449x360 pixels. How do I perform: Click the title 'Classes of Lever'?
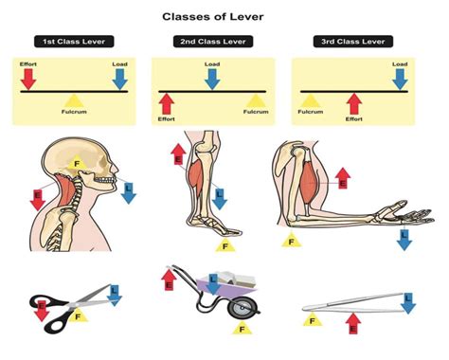(213, 16)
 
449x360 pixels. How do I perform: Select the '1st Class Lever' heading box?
(74, 42)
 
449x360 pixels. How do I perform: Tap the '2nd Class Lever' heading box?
(213, 42)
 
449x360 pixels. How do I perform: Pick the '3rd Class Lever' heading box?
(353, 42)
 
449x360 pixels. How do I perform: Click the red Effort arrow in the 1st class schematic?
(28, 79)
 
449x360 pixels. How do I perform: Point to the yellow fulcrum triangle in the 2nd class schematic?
(257, 100)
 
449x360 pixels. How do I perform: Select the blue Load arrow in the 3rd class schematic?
(400, 79)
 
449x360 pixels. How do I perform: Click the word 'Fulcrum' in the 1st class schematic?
(74, 112)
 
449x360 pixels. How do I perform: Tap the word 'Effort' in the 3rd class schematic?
(354, 119)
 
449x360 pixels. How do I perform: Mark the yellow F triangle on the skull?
(77, 163)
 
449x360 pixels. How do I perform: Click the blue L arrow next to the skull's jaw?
(128, 193)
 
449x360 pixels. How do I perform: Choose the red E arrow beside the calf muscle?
(178, 154)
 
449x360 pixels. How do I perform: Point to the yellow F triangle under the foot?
(225, 245)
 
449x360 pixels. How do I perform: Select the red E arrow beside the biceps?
(343, 178)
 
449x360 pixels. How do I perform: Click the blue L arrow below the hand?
(404, 240)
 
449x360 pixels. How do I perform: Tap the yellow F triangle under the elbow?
(292, 241)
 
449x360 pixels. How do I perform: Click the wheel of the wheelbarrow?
(243, 307)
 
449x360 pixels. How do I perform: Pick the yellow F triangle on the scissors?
(78, 315)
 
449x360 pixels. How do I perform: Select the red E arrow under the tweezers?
(353, 323)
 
